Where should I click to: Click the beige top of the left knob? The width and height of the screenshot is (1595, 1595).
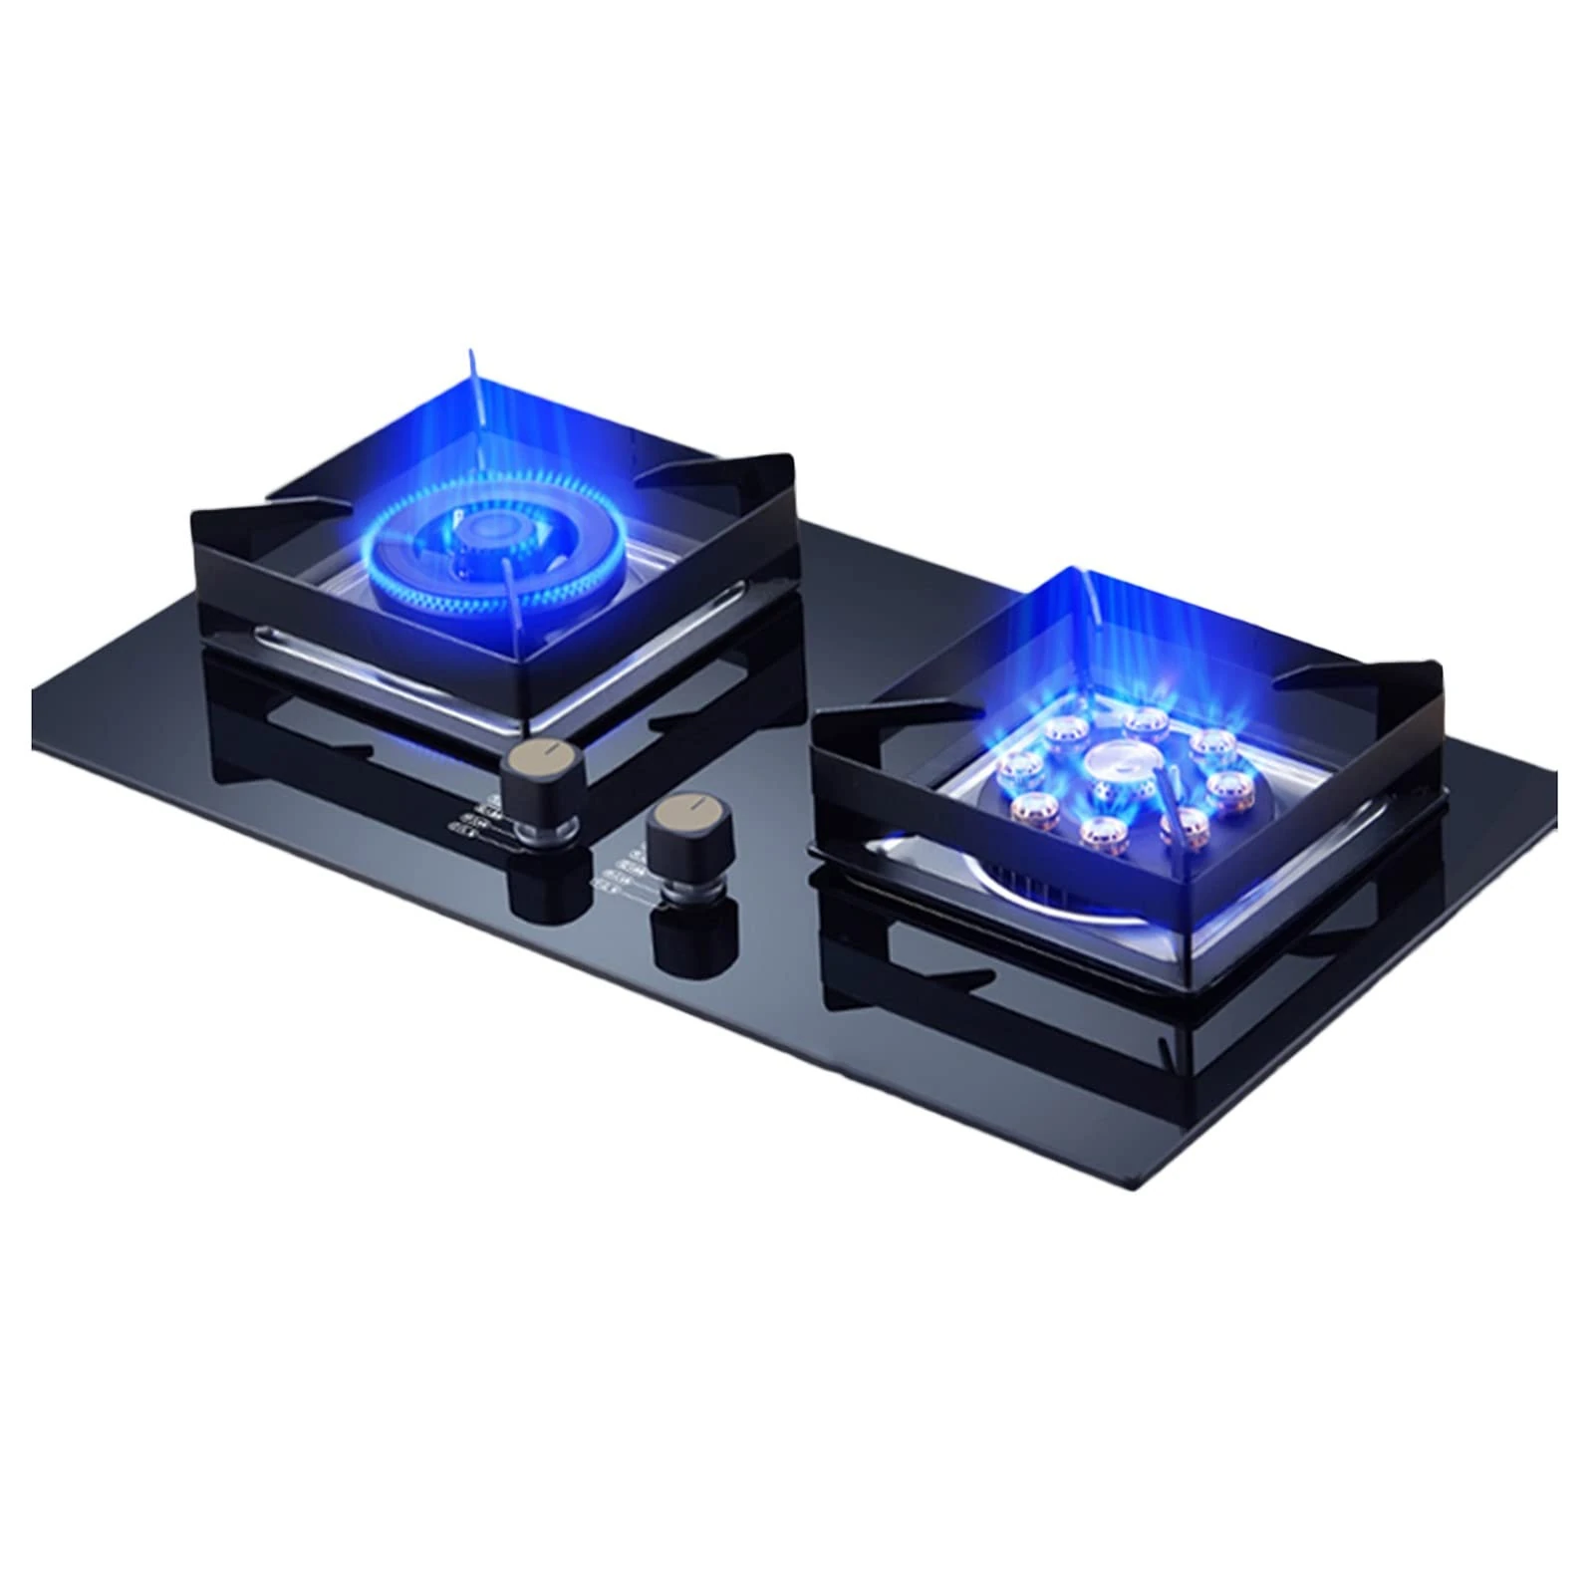pyautogui.click(x=539, y=753)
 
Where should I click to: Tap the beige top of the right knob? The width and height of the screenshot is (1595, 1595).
pyautogui.click(x=687, y=808)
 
